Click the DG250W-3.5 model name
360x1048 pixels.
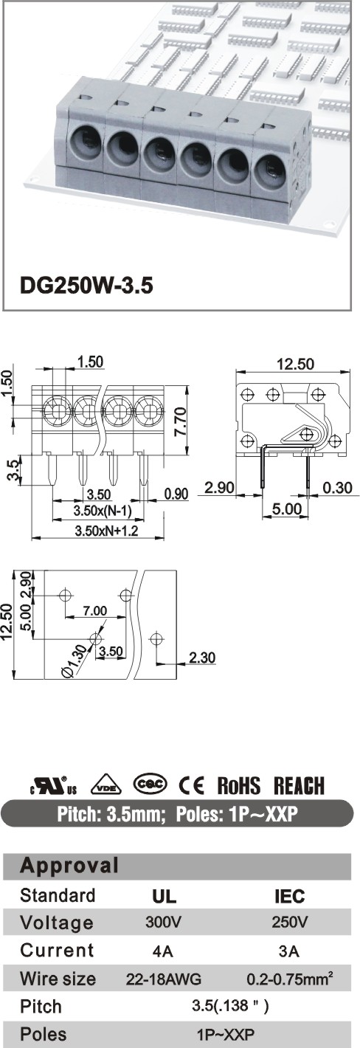86,286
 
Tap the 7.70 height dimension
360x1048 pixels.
181,421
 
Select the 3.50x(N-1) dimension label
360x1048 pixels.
103,511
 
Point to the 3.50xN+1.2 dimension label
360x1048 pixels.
106,531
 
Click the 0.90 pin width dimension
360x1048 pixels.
176,494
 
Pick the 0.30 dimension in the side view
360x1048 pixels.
337,488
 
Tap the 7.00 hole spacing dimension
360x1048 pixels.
95,610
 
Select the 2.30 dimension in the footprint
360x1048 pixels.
202,658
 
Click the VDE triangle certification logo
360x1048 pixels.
106,785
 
